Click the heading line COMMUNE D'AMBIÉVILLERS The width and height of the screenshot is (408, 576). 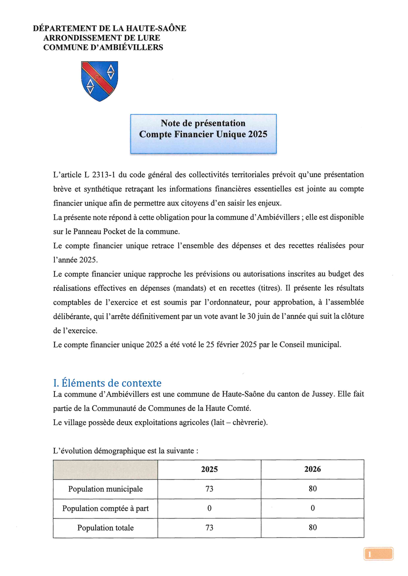103,47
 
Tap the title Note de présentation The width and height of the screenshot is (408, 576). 203,123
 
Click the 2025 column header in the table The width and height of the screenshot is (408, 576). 209,469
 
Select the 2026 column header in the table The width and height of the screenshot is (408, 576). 312,469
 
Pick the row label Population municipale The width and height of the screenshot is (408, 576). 105,489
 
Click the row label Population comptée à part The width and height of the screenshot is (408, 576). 105,508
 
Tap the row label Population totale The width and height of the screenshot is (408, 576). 105,528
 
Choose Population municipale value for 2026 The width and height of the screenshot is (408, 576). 312,489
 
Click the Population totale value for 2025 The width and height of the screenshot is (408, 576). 209,528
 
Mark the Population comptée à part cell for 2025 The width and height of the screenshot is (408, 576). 209,508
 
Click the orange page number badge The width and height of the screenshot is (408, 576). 378,554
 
